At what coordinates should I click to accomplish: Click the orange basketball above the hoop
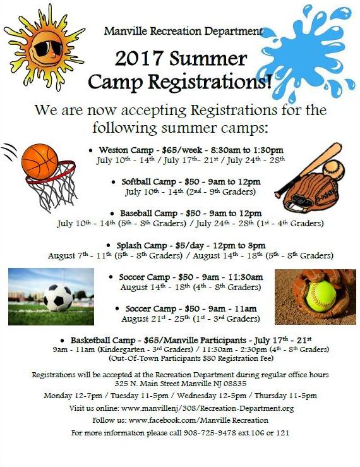click(40, 161)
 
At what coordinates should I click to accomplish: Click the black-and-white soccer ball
click(59, 296)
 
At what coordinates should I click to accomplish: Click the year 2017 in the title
click(140, 59)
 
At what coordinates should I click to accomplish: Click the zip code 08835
click(233, 384)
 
